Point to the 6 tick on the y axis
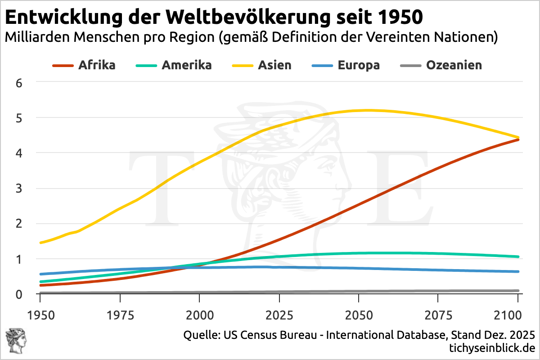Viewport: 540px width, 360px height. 19,83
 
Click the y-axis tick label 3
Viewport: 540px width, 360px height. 19,189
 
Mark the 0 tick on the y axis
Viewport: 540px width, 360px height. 19,294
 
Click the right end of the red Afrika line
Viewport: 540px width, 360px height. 517,140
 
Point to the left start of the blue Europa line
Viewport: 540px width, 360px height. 41,274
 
